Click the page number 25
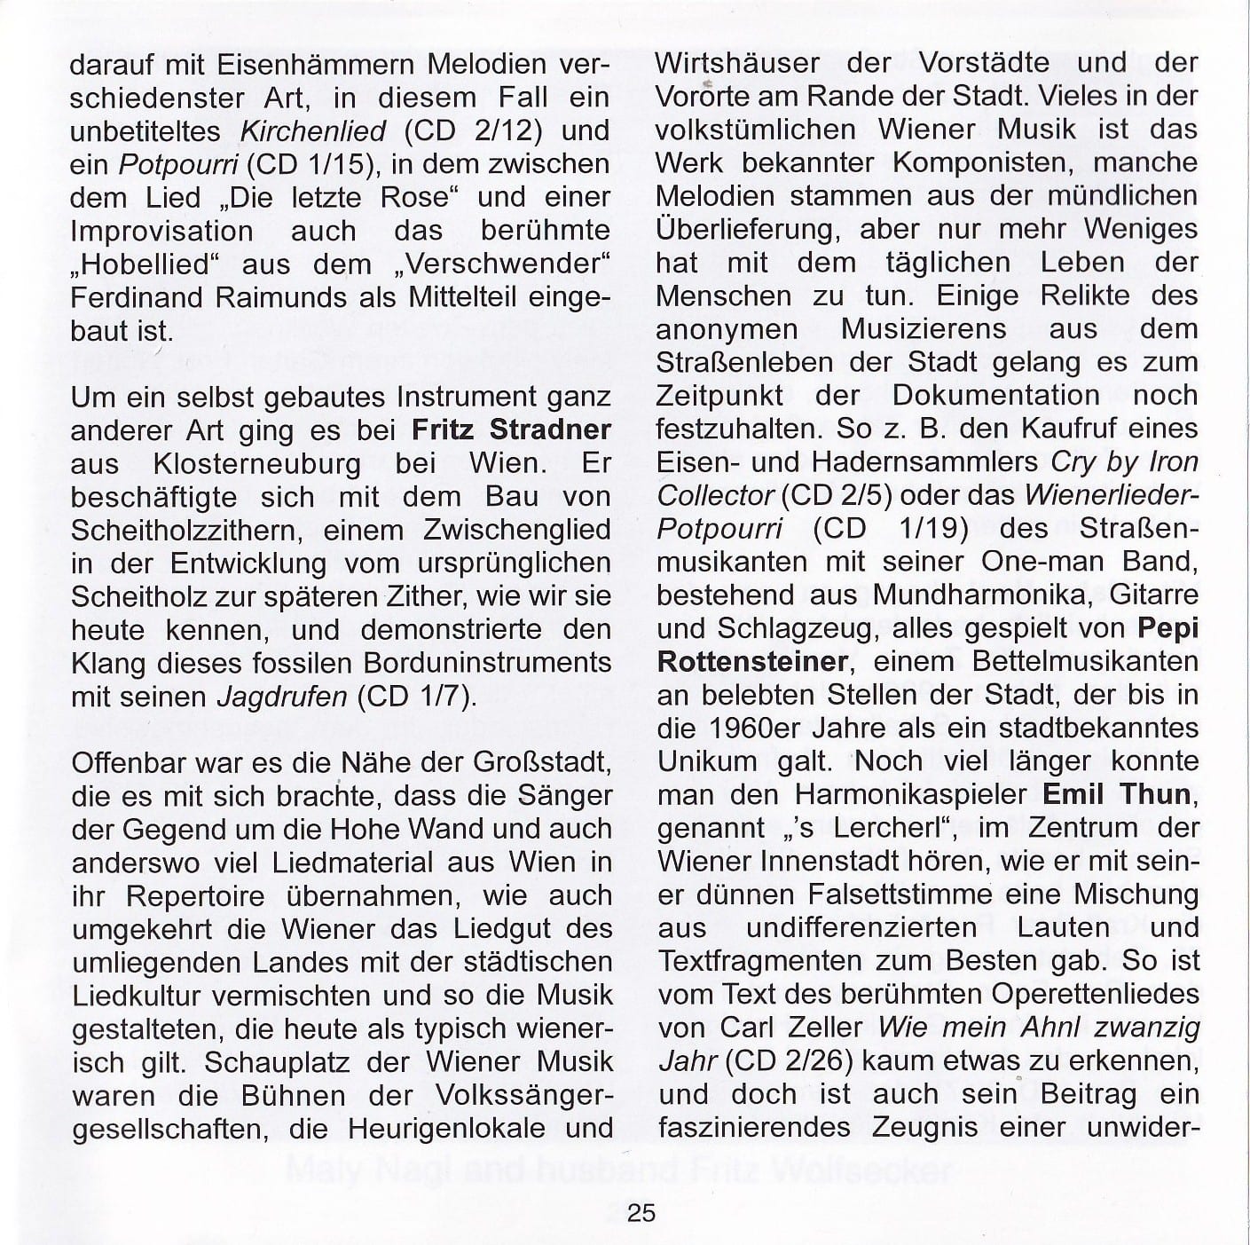[x=641, y=1211]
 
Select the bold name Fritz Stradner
[x=512, y=429]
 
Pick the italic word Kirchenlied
[x=314, y=131]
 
